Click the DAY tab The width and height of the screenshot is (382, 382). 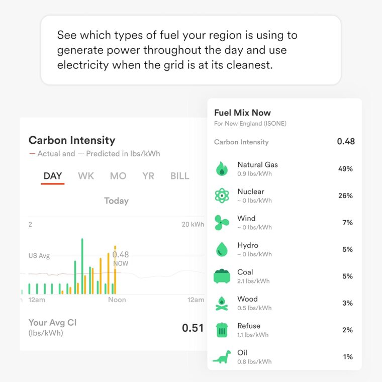click(x=53, y=176)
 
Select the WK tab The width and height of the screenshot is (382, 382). click(x=86, y=176)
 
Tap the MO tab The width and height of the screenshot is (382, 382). click(x=118, y=176)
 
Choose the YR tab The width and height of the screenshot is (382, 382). click(x=148, y=176)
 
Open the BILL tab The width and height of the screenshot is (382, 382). click(x=180, y=176)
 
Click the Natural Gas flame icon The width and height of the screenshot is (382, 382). click(x=221, y=169)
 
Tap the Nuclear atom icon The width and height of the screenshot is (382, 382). click(x=221, y=196)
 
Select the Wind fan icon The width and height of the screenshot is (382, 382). click(x=221, y=223)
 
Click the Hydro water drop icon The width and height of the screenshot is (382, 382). click(x=221, y=249)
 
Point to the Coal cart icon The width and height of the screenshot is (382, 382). click(x=221, y=276)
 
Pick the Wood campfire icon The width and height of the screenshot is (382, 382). click(x=221, y=303)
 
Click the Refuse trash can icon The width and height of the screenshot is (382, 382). click(x=221, y=330)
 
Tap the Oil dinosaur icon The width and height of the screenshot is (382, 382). click(x=221, y=357)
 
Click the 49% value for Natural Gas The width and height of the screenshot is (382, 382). click(x=345, y=169)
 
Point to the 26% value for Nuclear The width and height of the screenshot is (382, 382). click(x=345, y=196)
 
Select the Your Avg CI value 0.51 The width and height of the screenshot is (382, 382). click(x=193, y=328)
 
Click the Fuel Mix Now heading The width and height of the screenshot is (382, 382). click(x=242, y=113)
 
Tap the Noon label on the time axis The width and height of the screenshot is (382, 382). click(x=117, y=300)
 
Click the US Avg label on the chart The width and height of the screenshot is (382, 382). click(x=39, y=256)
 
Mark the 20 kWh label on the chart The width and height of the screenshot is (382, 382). click(x=193, y=225)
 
